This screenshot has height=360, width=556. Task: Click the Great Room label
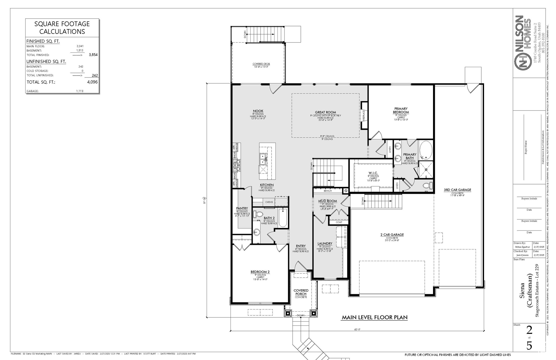click(325, 112)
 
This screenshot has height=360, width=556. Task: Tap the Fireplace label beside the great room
click(364, 115)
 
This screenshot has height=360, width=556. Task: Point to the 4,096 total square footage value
click(92, 82)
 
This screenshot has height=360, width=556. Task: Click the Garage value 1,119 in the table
click(80, 91)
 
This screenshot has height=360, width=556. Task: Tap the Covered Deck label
click(261, 64)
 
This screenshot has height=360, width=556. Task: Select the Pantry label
click(242, 208)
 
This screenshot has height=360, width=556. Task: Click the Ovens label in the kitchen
click(269, 202)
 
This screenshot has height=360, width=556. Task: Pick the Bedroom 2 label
click(260, 272)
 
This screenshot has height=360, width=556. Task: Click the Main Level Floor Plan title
click(374, 317)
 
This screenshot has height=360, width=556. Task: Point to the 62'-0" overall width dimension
click(357, 329)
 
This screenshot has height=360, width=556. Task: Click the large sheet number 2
click(529, 330)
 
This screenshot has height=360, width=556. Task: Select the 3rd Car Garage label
click(457, 190)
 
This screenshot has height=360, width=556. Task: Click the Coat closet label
click(339, 222)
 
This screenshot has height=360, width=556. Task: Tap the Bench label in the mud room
click(328, 191)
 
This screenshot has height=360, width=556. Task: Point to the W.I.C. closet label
click(373, 173)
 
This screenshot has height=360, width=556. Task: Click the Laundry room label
click(325, 243)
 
